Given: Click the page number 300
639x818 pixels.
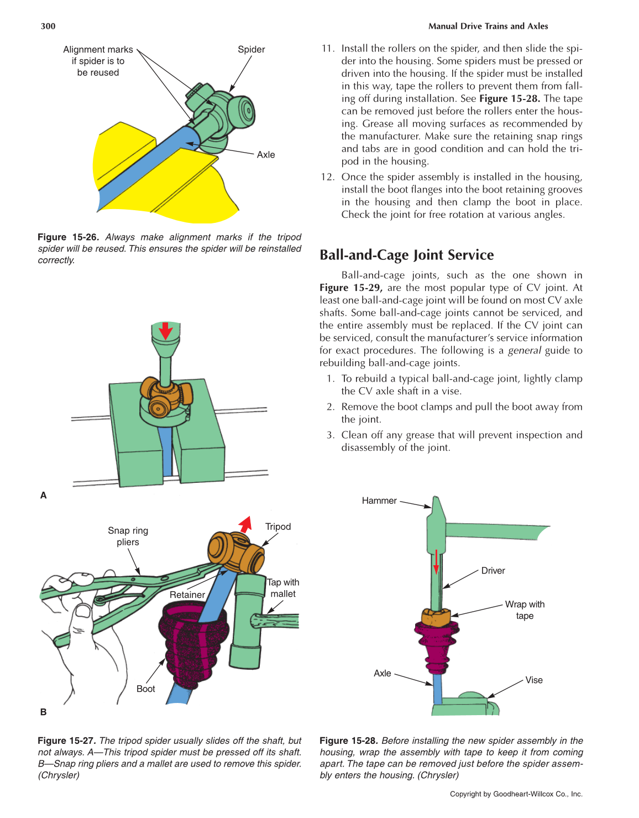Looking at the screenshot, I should click(x=48, y=26).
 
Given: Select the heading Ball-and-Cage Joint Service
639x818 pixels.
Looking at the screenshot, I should click(x=406, y=255).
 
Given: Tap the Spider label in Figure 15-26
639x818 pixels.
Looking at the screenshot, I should click(x=251, y=49).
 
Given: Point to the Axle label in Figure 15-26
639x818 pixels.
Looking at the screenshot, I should click(x=265, y=155).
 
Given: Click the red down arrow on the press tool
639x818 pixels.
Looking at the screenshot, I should click(x=165, y=331).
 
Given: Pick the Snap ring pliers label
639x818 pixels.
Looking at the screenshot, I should click(x=128, y=536).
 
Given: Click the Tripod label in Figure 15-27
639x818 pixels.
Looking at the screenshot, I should click(x=277, y=527).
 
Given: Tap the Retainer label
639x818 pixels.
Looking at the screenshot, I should click(x=187, y=595).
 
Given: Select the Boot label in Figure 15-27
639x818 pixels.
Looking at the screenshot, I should click(x=145, y=689).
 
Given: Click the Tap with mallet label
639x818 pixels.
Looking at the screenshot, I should click(x=283, y=588).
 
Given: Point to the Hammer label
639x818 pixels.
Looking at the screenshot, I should click(x=379, y=501).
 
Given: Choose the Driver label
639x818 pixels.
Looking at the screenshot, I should click(x=493, y=571).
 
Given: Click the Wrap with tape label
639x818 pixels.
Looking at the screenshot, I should click(x=525, y=609).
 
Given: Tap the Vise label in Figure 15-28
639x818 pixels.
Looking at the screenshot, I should click(x=533, y=680).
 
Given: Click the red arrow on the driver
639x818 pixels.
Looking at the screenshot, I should click(x=436, y=561).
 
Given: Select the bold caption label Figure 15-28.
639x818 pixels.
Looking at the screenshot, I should click(x=348, y=741).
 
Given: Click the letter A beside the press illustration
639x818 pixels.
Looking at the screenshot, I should click(x=44, y=495).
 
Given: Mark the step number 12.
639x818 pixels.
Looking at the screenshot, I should click(x=327, y=177).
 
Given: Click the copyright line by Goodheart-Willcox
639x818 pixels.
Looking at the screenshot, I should click(x=516, y=794).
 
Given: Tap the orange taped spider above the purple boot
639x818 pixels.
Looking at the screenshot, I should click(x=436, y=617).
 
